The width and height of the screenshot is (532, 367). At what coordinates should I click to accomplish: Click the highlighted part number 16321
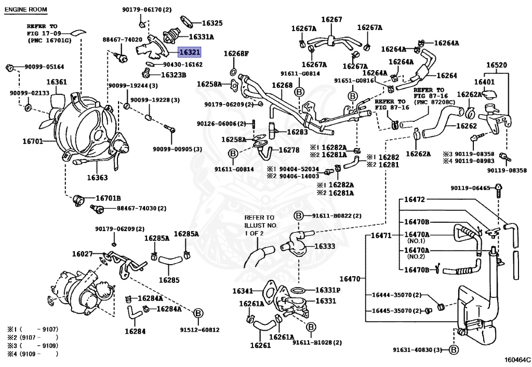pos(190,52)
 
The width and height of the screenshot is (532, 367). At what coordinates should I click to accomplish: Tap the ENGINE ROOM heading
pos(26,9)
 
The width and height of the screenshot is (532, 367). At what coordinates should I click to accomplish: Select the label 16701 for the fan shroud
pos(33,141)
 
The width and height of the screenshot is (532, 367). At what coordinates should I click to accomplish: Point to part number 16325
pos(212,23)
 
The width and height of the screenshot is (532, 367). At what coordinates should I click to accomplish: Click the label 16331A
pos(201,37)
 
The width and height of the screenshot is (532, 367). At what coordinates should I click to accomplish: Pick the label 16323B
pos(174,75)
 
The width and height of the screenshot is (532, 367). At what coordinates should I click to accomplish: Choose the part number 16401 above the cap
pos(484,81)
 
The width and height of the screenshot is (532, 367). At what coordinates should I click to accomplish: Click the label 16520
pos(496,65)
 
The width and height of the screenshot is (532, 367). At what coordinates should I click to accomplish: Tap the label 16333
pos(325,246)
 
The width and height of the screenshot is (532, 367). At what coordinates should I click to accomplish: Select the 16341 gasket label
pos(243,291)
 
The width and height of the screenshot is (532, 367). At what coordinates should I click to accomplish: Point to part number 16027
pos(83,253)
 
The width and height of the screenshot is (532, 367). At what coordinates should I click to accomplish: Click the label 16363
pos(97,177)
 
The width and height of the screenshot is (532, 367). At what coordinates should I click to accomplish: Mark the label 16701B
pos(108,198)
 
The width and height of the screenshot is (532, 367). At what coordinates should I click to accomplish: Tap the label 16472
pos(414,200)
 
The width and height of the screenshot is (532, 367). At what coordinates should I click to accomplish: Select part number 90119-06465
pos(470,188)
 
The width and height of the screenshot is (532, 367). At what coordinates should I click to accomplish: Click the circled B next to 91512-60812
pos(198,314)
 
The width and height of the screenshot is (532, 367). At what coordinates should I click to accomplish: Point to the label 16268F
pos(236,53)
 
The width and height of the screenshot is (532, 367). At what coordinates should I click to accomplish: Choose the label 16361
pos(57,81)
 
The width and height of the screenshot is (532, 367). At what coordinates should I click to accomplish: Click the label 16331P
pos(328,290)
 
